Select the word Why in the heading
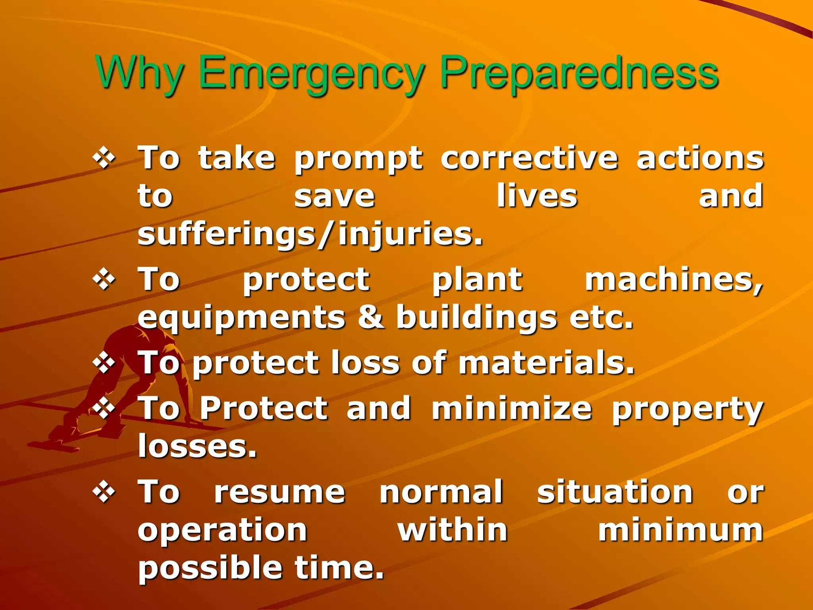[x=139, y=73]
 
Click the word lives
[x=537, y=196]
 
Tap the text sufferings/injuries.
[x=310, y=234]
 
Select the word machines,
[x=674, y=280]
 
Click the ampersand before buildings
[x=371, y=318]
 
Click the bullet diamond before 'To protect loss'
[x=104, y=363]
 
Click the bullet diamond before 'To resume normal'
[x=104, y=492]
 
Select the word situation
[x=615, y=492]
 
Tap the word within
[x=453, y=531]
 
